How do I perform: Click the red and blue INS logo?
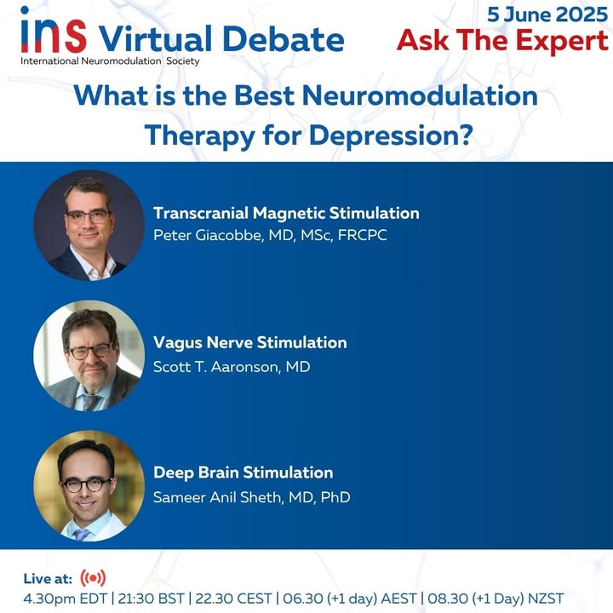pos(54,30)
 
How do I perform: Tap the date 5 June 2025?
pos(547,14)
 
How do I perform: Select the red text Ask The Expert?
pos(503,41)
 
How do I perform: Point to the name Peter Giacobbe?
pos(207,235)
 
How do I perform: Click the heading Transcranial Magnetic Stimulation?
pos(286,214)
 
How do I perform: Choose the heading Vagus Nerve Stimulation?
pos(249,343)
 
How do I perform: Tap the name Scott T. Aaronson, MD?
pos(232,367)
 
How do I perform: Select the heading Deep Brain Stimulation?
pos(243,473)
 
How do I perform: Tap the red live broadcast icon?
pos(93,578)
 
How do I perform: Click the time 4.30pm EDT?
pos(65,599)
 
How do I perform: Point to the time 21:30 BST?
pos(151,599)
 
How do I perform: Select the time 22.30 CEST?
pos(233,599)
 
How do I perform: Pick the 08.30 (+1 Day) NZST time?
pos(496,599)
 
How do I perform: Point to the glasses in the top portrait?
pos(89,216)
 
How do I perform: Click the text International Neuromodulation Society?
pos(110,61)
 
